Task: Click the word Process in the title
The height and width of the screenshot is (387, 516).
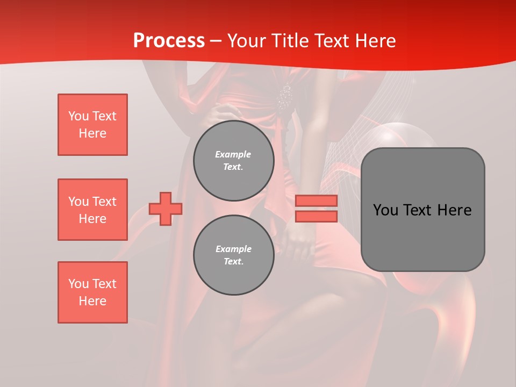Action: point(169,41)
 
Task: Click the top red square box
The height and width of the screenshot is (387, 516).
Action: point(92,125)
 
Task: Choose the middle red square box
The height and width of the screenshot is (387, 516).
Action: point(92,210)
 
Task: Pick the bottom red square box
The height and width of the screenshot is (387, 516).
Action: point(92,292)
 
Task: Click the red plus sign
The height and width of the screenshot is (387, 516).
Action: point(165,209)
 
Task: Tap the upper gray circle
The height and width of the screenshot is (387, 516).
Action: point(233,161)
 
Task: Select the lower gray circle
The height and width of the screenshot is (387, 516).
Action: point(233,255)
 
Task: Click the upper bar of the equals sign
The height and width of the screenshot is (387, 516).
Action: point(316,200)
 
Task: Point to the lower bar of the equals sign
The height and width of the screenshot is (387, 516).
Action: point(316,217)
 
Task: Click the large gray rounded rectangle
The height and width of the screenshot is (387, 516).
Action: point(422,236)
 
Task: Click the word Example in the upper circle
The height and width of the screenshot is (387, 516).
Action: point(233,154)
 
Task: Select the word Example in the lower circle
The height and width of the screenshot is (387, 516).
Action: point(233,249)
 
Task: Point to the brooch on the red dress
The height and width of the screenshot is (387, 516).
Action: point(285,96)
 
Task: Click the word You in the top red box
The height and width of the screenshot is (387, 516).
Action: point(78,116)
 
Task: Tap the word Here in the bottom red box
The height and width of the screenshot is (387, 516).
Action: point(92,301)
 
